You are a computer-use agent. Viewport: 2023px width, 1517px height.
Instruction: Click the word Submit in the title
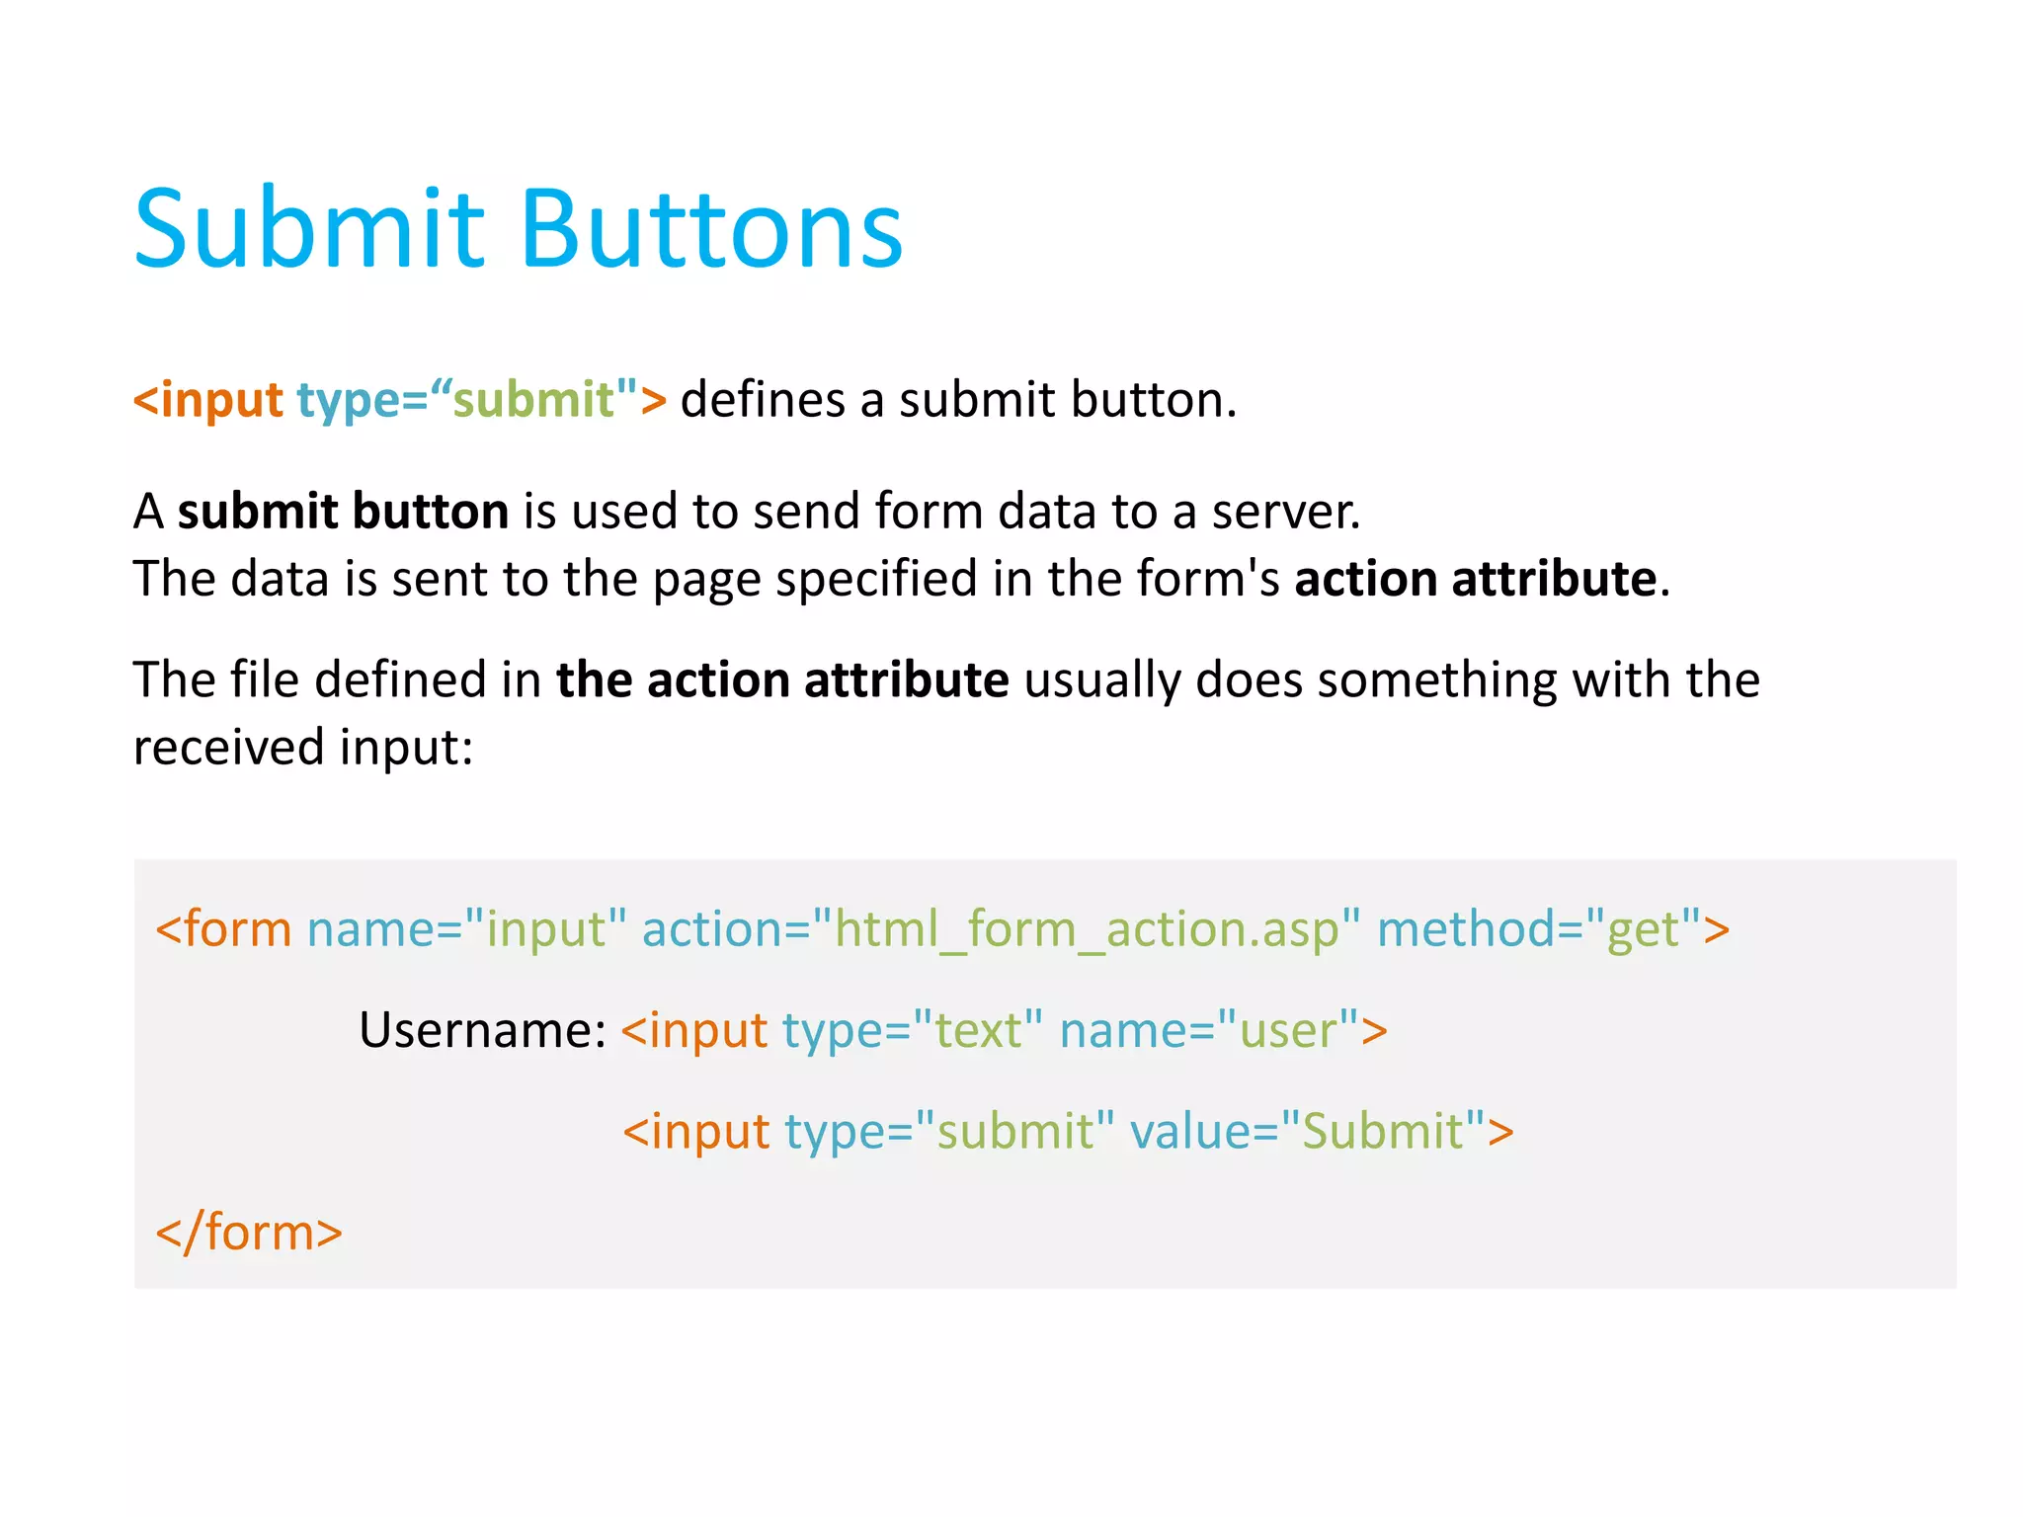click(x=309, y=229)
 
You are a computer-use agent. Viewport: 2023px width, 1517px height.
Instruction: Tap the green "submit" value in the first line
click(x=533, y=400)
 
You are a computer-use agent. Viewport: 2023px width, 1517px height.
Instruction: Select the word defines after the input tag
click(x=762, y=400)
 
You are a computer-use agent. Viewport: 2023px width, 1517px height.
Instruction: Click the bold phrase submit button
click(x=343, y=512)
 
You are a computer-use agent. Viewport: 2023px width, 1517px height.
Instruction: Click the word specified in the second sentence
click(x=875, y=579)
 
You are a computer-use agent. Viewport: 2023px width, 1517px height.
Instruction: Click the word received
click(x=228, y=748)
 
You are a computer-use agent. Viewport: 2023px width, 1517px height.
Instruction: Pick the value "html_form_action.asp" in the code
click(x=1087, y=929)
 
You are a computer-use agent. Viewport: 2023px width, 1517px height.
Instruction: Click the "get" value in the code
click(x=1642, y=929)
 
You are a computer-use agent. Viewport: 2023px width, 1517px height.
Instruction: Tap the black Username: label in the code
click(x=482, y=1030)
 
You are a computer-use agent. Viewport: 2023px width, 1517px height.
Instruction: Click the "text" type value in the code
click(x=977, y=1030)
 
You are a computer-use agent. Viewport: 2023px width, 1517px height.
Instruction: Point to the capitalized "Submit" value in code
click(x=1382, y=1132)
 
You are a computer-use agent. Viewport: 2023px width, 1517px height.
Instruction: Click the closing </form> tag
click(x=249, y=1233)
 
